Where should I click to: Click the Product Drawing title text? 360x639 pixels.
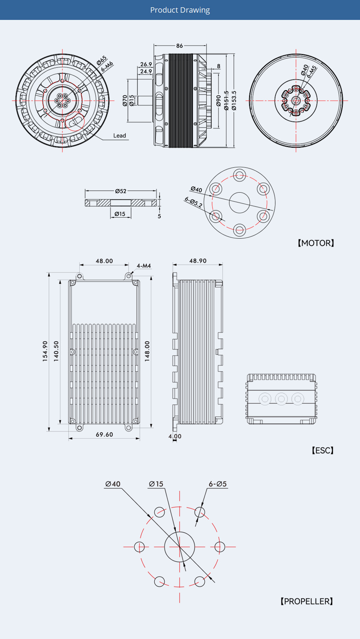pyautogui.click(x=180, y=10)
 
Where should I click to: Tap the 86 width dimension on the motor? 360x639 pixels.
pyautogui.click(x=180, y=46)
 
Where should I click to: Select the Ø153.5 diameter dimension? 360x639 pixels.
pyautogui.click(x=234, y=100)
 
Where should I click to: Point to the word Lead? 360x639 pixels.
pyautogui.click(x=119, y=136)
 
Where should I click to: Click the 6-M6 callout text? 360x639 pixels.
pyautogui.click(x=107, y=67)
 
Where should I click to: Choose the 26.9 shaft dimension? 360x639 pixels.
pyautogui.click(x=146, y=64)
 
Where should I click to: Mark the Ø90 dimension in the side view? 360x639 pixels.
pyautogui.click(x=219, y=101)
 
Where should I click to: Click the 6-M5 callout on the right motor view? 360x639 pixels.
pyautogui.click(x=311, y=72)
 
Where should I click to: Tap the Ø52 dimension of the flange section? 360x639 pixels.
pyautogui.click(x=121, y=191)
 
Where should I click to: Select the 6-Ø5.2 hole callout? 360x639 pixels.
pyautogui.click(x=193, y=202)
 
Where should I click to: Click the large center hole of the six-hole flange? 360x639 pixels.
pyautogui.click(x=240, y=203)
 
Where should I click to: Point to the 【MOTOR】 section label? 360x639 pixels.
pyautogui.click(x=316, y=243)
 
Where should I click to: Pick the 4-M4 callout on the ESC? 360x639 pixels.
pyautogui.click(x=144, y=266)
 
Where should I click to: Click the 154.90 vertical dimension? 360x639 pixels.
pyautogui.click(x=45, y=351)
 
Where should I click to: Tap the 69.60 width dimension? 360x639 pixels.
pyautogui.click(x=105, y=434)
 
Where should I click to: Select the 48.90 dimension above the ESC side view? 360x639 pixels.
pyautogui.click(x=198, y=261)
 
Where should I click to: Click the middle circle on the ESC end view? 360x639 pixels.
pyautogui.click(x=281, y=399)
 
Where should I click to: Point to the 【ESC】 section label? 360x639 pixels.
pyautogui.click(x=322, y=451)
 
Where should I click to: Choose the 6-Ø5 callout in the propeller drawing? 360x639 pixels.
pyautogui.click(x=218, y=484)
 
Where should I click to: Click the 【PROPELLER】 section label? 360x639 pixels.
pyautogui.click(x=307, y=601)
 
